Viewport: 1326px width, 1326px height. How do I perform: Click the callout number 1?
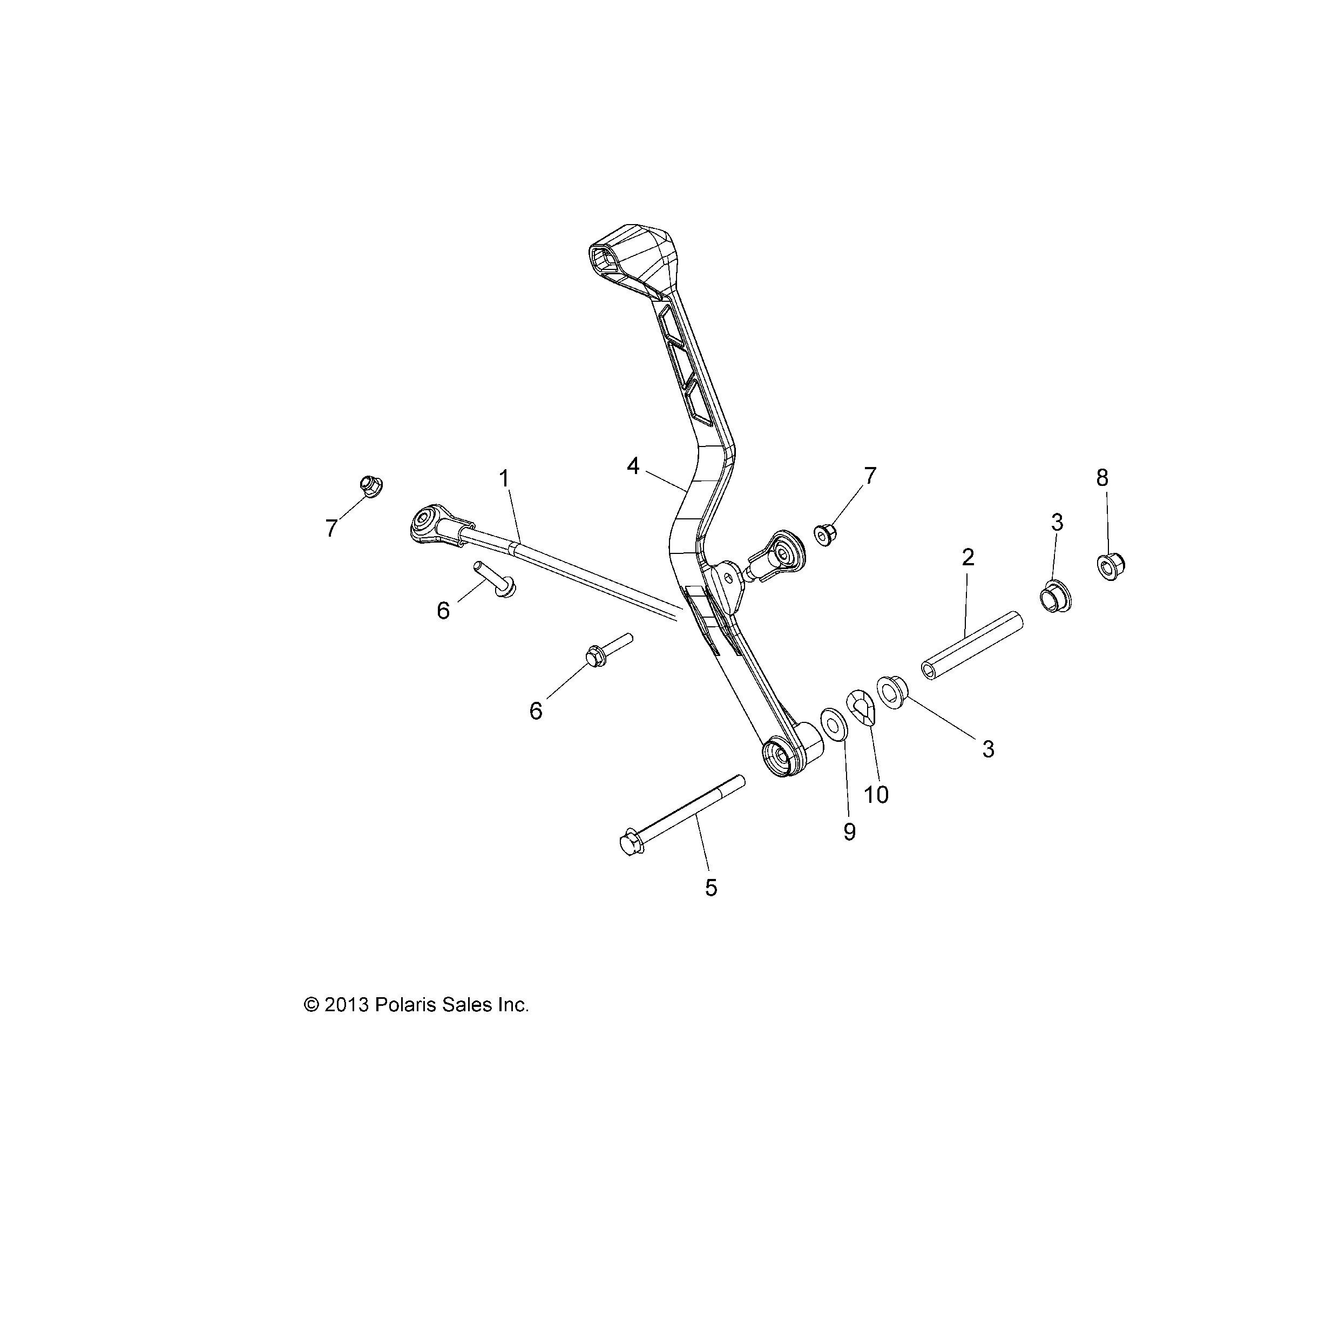[504, 478]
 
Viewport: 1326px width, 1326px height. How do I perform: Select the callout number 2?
[968, 557]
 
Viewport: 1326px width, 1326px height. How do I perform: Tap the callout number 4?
[633, 466]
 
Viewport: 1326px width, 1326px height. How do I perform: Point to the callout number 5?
[711, 888]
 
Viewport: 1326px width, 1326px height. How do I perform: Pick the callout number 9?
[850, 832]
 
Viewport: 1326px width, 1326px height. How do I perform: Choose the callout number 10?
[876, 795]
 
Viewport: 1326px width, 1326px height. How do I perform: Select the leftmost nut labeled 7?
[370, 486]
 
